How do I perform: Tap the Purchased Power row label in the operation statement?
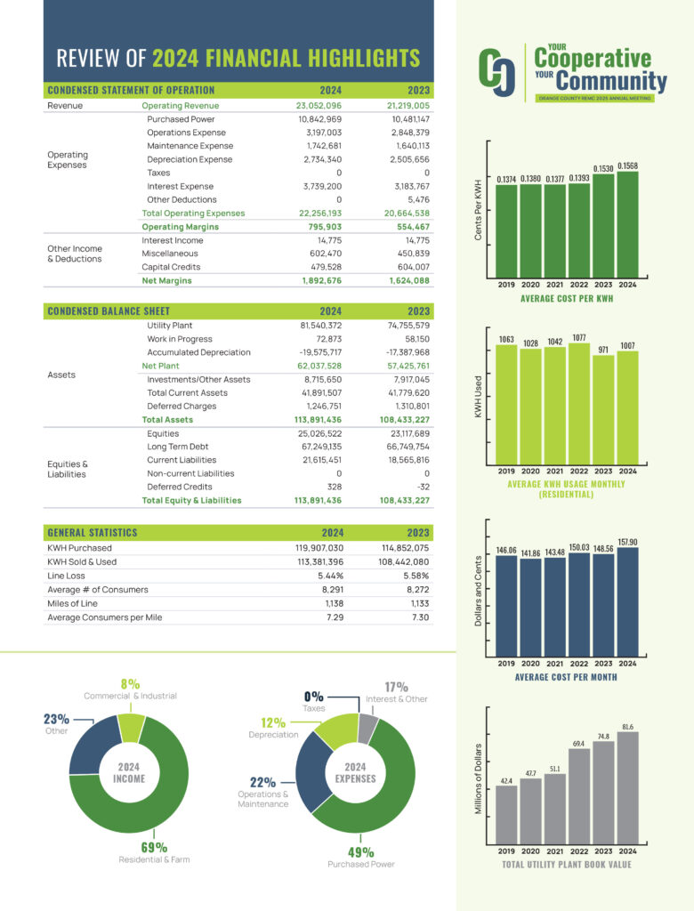tap(181, 118)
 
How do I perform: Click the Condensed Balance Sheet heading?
tap(109, 310)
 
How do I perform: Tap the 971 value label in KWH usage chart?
tap(603, 351)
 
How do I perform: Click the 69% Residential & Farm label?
tap(154, 846)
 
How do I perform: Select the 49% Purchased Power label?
tap(360, 851)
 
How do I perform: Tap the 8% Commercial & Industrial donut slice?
tap(132, 727)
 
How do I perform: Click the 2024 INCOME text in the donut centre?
tap(129, 772)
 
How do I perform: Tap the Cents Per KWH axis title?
tap(479, 209)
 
